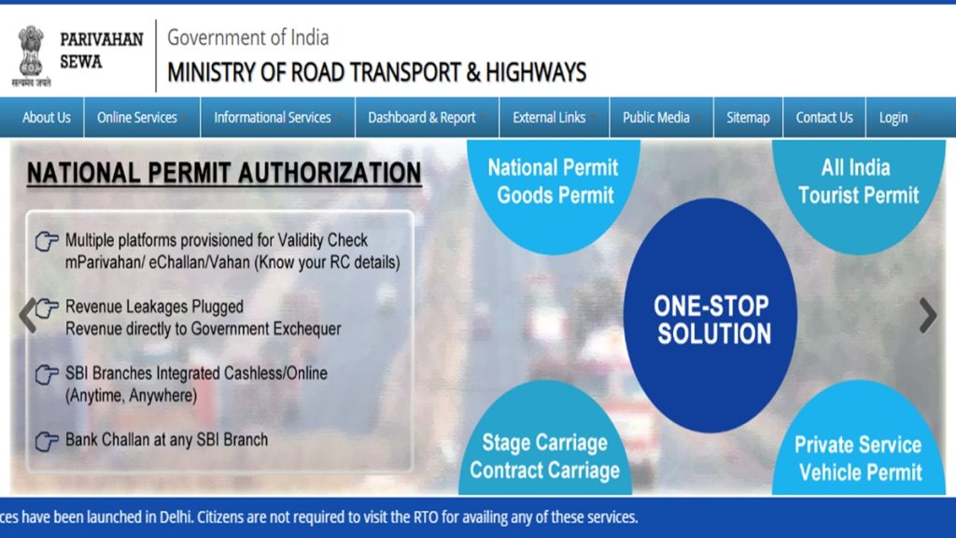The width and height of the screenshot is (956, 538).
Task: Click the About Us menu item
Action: tap(46, 118)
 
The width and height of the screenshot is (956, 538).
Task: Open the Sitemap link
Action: tap(748, 118)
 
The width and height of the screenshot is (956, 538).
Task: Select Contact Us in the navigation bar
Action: tap(823, 118)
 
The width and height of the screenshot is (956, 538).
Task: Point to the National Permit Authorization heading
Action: tap(224, 173)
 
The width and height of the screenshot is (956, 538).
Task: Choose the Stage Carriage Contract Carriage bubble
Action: tap(544, 455)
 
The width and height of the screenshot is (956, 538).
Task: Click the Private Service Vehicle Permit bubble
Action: tap(858, 458)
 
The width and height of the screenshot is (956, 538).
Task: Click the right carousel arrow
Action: tap(927, 316)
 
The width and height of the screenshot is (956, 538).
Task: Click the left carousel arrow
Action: tap(28, 316)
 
